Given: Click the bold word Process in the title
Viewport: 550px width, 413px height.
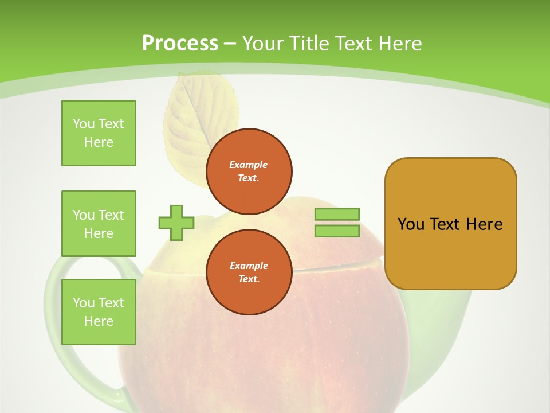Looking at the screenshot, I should pos(180,43).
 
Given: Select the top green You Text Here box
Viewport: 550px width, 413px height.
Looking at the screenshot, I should pos(99,133).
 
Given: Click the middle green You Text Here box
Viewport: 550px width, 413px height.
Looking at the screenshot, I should pos(99,224).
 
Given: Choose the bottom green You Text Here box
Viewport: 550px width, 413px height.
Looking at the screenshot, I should pos(99,312).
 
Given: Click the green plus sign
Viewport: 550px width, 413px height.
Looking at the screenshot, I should pos(176,223).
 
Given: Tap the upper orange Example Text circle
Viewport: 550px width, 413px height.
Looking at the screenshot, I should pos(249,171).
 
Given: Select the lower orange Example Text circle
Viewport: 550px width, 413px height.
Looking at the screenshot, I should pos(249,272).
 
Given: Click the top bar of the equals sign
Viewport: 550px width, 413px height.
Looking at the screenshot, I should pos(337,214).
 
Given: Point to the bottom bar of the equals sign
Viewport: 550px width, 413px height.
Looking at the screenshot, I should pos(337,231).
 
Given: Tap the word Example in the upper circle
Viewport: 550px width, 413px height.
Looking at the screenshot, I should pos(249,165).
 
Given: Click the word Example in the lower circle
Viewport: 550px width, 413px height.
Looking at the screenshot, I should pos(249,266).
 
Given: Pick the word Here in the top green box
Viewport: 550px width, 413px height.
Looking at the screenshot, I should pos(99,142).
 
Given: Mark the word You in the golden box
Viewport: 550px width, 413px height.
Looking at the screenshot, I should pos(411,224).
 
